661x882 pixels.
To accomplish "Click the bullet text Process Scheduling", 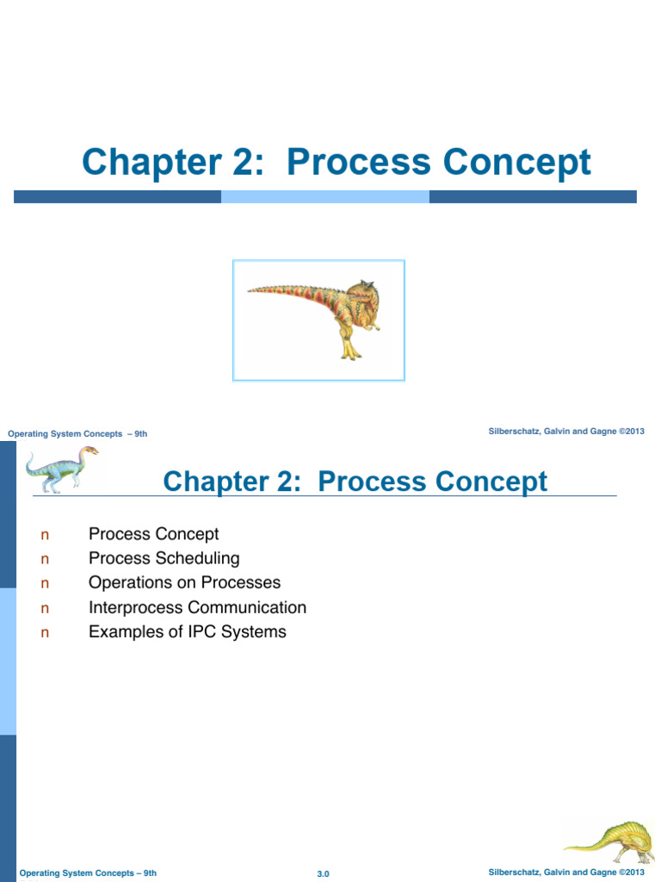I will [x=164, y=558].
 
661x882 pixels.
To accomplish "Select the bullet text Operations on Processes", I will [x=184, y=582].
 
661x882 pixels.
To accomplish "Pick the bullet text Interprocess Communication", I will [x=197, y=607].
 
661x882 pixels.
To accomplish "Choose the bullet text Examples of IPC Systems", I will [x=187, y=631].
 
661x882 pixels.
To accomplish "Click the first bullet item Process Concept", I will [x=153, y=534].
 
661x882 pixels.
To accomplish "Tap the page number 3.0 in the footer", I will [x=324, y=873].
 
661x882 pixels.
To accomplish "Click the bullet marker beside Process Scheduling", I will [x=46, y=559].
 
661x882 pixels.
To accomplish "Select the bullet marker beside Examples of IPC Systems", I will [x=46, y=633].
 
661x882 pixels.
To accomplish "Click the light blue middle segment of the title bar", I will [x=324, y=196].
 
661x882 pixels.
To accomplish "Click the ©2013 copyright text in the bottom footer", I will [x=631, y=873].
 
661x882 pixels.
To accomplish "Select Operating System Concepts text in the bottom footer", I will [x=74, y=873].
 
